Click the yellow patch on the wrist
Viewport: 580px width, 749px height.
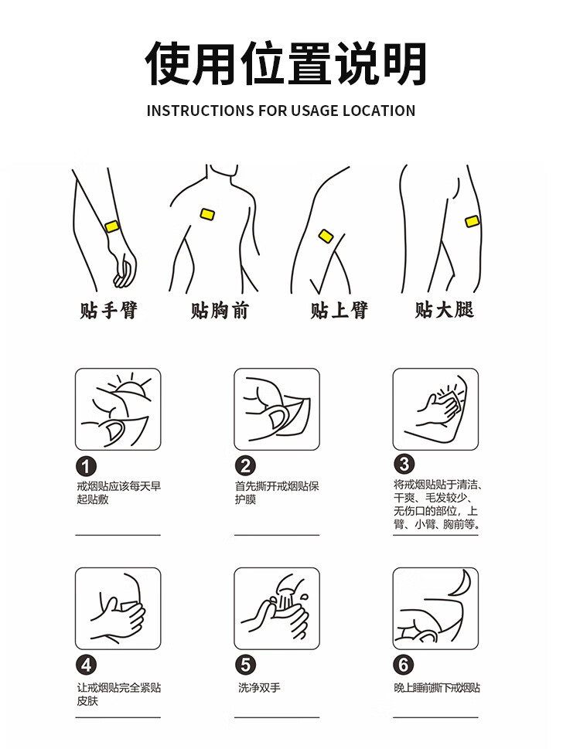[112, 226]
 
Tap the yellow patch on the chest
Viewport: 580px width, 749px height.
[207, 214]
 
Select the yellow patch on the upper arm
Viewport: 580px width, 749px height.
[326, 236]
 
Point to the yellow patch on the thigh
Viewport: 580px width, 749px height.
[472, 221]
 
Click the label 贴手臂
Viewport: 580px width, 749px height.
[108, 310]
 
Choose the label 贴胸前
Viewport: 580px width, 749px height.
[220, 310]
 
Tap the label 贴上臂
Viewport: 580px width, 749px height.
[339, 310]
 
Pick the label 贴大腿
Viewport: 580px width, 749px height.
[445, 309]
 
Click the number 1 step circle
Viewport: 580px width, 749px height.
[86, 467]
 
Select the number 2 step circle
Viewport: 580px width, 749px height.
[245, 466]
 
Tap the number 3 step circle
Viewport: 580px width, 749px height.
[404, 464]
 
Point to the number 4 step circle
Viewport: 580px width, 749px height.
[86, 665]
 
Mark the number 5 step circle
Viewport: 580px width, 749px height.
[245, 665]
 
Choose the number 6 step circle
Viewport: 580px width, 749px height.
[404, 665]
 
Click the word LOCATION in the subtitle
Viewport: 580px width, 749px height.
[379, 111]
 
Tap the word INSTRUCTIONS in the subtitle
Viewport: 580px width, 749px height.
[200, 111]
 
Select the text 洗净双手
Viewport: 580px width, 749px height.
[259, 688]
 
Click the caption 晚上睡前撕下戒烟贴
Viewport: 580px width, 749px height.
[437, 688]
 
